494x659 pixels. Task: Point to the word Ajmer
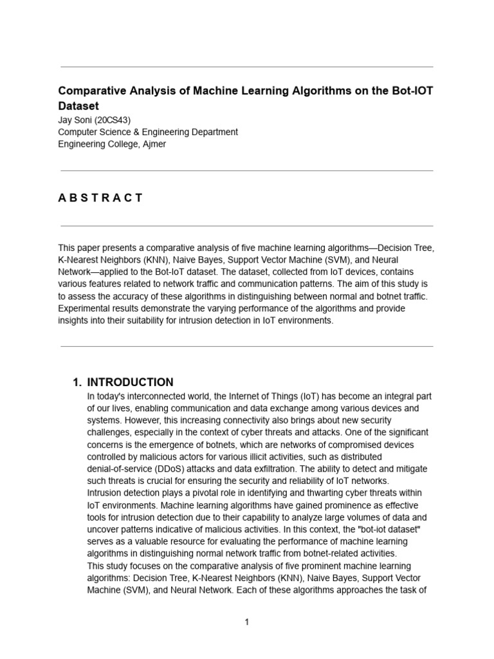153,144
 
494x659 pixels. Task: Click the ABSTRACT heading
100,198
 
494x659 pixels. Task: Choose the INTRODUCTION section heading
130,382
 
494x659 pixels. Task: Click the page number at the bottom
246,622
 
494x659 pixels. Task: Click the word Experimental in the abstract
84,308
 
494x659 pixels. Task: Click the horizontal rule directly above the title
246,66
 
